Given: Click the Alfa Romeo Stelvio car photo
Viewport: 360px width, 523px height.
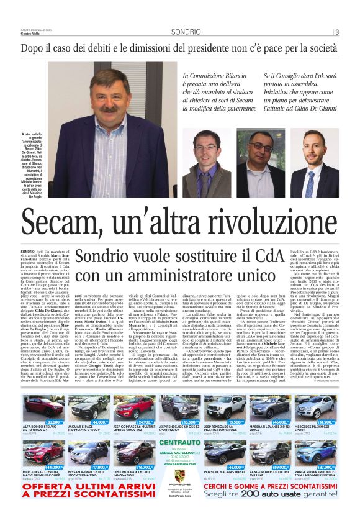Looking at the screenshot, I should coord(43,406).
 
